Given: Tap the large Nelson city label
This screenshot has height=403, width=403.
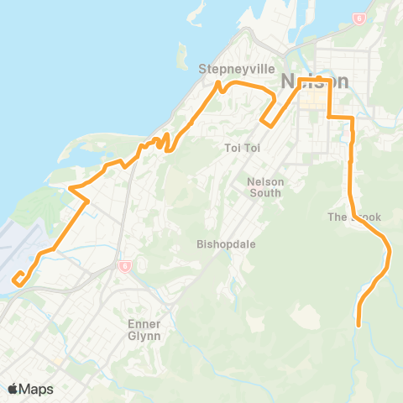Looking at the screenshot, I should [316, 81].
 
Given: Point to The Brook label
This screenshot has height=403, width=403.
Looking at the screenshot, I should [353, 217].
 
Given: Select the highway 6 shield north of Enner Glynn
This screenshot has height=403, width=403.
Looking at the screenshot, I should [123, 266].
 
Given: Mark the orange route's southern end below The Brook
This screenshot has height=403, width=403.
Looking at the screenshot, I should [359, 324].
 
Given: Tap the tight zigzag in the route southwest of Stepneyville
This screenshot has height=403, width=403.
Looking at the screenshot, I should [161, 141].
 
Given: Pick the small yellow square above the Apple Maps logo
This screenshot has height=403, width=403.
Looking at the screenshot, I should [58, 362].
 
